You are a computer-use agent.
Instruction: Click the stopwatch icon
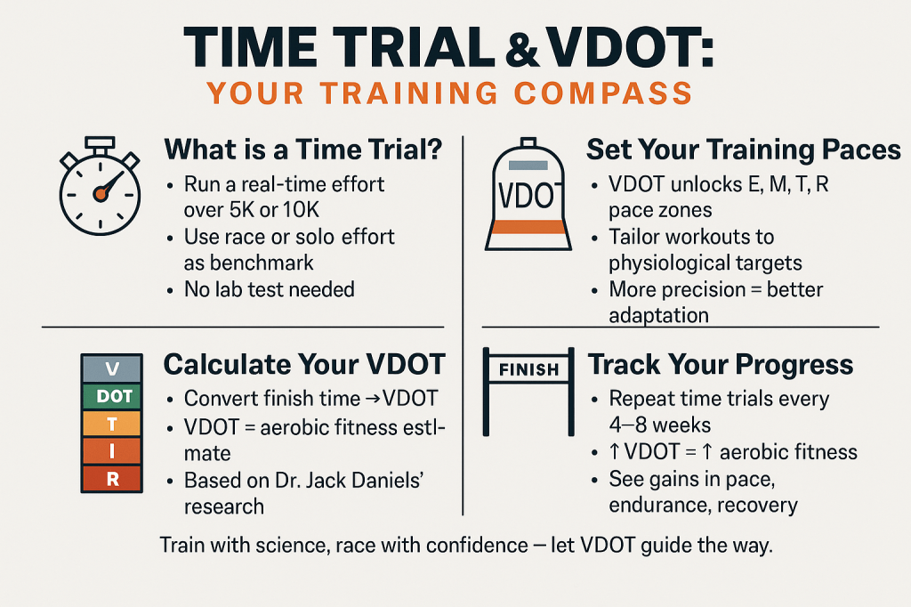[x=100, y=186]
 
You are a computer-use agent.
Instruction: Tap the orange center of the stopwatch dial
[x=101, y=194]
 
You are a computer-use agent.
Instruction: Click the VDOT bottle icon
[x=528, y=194]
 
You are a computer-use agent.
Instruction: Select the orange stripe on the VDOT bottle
[x=528, y=227]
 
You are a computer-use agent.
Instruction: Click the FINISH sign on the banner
[x=528, y=369]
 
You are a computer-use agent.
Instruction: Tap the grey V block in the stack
[x=112, y=368]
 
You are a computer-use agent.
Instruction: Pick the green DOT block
[x=112, y=397]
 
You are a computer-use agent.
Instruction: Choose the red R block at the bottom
[x=112, y=479]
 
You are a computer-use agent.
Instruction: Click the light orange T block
[x=112, y=424]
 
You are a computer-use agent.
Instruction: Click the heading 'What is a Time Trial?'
[x=303, y=150]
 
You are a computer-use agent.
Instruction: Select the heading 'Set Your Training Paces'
[x=744, y=150]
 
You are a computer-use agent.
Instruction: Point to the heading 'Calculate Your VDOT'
[x=304, y=365]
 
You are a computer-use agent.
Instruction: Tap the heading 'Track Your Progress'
[x=721, y=365]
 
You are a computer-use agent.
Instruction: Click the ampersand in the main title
[x=522, y=50]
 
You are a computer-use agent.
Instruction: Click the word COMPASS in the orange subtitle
[x=603, y=93]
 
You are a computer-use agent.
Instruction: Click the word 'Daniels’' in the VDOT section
[x=390, y=481]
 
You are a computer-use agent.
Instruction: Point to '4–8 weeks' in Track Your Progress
[x=660, y=425]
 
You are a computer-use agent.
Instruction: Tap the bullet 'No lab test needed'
[x=269, y=289]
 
